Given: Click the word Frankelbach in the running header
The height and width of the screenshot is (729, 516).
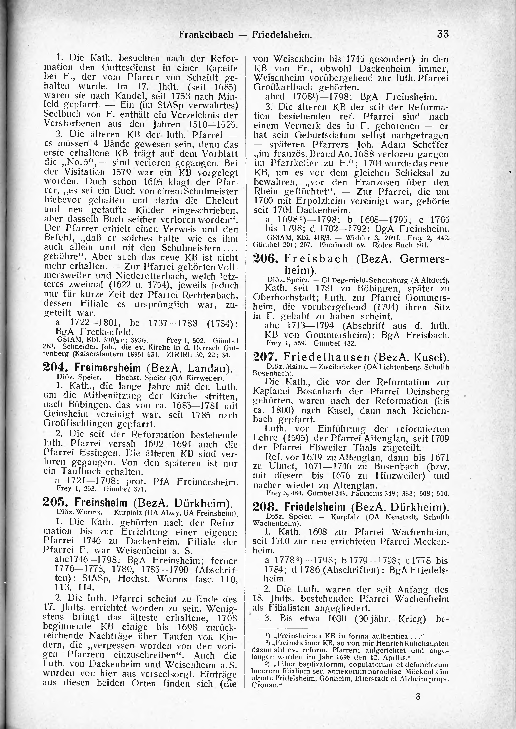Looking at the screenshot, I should [206, 35].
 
